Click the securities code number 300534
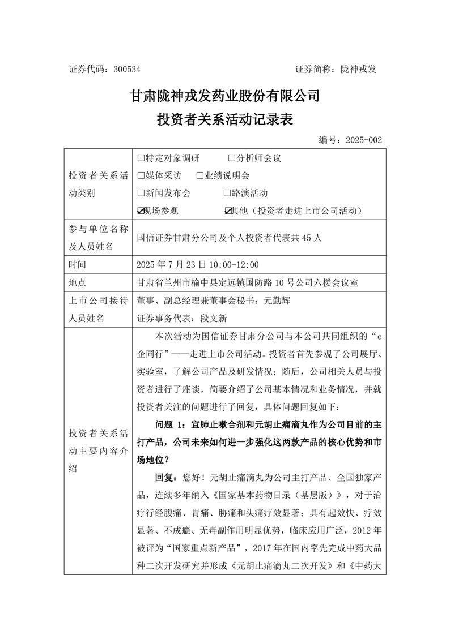[x=127, y=70]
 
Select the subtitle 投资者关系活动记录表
[x=225, y=120]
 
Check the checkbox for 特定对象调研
[x=141, y=158]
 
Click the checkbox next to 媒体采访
[x=141, y=175]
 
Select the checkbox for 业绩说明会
[x=200, y=175]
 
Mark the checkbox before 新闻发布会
[x=141, y=193]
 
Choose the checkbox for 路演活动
[x=227, y=193]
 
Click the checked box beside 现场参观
[x=141, y=211]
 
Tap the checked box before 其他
[x=228, y=211]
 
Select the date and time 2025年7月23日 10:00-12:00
[x=198, y=264]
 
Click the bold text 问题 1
[x=170, y=424]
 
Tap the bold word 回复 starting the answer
[x=164, y=477]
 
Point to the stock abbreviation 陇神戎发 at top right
[x=358, y=70]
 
